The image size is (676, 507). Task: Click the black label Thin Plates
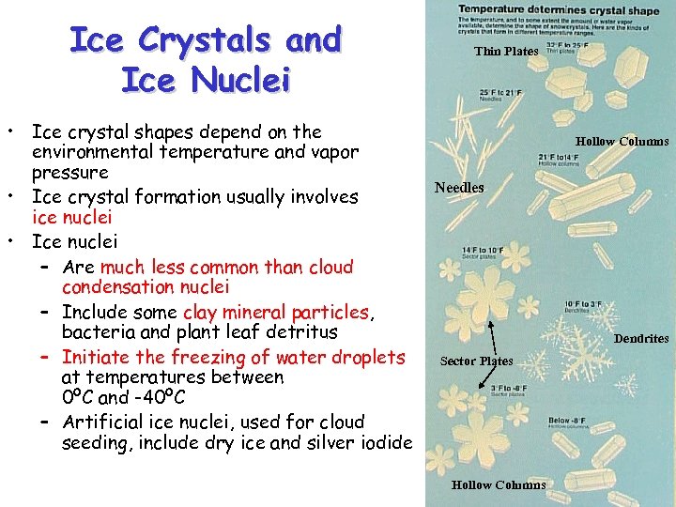[506, 52]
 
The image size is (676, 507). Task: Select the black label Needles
[459, 188]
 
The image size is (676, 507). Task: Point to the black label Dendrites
[641, 338]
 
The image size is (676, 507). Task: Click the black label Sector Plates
[476, 361]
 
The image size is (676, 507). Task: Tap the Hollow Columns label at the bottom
[498, 485]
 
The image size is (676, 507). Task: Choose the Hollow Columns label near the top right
[622, 142]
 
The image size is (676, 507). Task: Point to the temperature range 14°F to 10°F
[484, 250]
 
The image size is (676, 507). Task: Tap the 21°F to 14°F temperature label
[561, 157]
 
